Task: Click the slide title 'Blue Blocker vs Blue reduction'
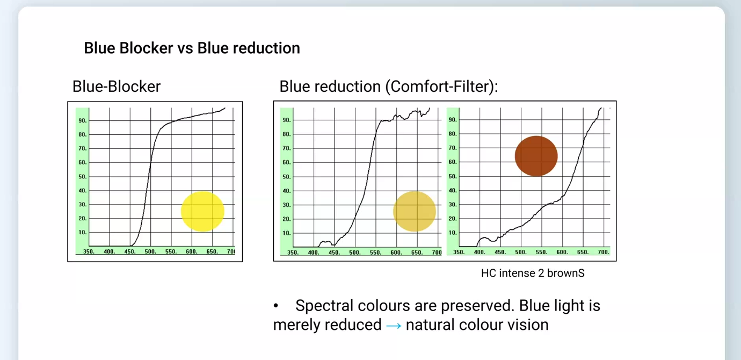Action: (x=192, y=48)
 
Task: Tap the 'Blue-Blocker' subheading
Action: (x=117, y=87)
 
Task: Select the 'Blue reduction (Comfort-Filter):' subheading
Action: (x=389, y=87)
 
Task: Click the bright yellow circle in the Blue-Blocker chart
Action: (x=202, y=212)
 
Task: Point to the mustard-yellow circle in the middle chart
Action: (x=415, y=212)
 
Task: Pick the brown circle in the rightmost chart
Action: (x=536, y=156)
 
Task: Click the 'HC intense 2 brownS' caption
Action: (x=533, y=273)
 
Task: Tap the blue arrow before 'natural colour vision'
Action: (x=394, y=326)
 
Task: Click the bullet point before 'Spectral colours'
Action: (x=276, y=306)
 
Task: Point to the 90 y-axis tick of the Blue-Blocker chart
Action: (x=83, y=121)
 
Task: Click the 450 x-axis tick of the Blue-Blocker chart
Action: (x=130, y=251)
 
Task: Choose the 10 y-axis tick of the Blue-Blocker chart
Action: (x=83, y=233)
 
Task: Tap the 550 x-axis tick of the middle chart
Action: (x=376, y=253)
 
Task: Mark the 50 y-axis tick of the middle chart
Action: (x=287, y=177)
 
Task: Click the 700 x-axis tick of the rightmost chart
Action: (x=604, y=252)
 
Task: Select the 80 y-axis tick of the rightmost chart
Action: (x=453, y=134)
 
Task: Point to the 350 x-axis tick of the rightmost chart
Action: (x=459, y=252)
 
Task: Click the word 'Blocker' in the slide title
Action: (x=146, y=48)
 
